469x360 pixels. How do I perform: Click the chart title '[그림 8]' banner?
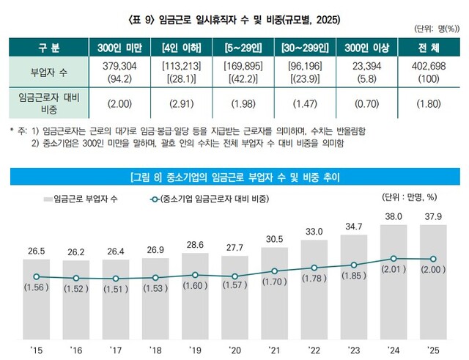(x=234, y=176)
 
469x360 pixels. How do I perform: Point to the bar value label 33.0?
(x=314, y=232)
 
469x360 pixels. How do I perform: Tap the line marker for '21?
(x=275, y=271)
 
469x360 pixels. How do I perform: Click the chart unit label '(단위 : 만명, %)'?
(x=410, y=196)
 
